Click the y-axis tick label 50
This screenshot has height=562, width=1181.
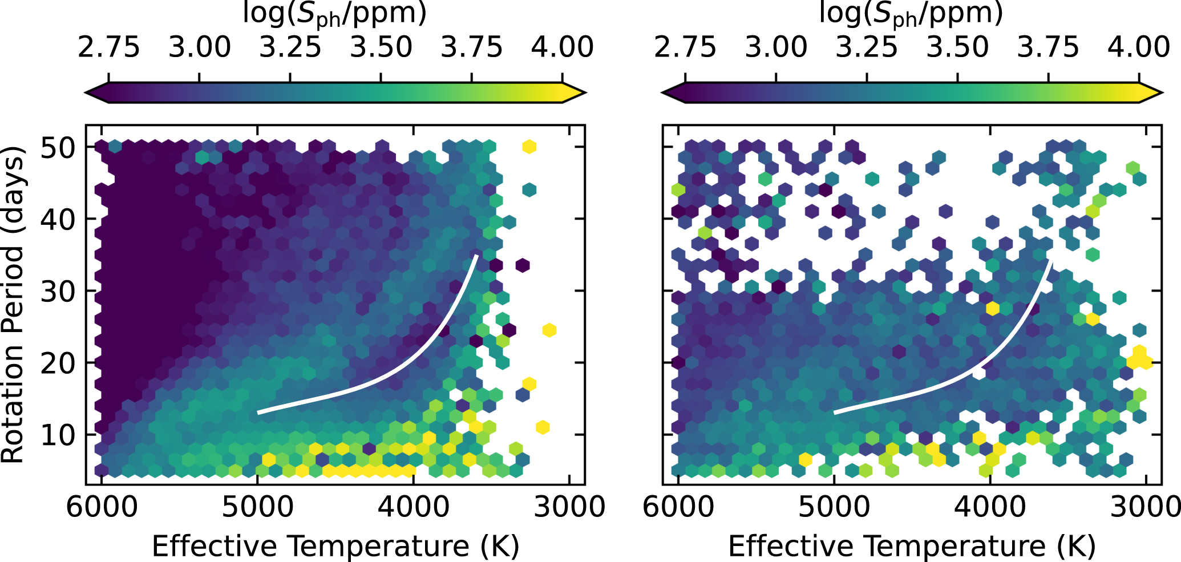(x=57, y=148)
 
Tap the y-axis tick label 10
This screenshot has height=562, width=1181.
(x=57, y=435)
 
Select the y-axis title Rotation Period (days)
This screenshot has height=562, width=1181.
(x=13, y=305)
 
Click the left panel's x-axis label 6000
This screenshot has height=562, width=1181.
(x=102, y=507)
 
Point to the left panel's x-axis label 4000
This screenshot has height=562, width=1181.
(x=413, y=507)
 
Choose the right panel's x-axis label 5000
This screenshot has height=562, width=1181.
(x=834, y=507)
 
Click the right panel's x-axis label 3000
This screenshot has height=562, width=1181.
(x=1144, y=507)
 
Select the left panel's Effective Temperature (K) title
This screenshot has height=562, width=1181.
(x=335, y=546)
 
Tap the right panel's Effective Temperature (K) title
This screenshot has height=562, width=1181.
(x=912, y=546)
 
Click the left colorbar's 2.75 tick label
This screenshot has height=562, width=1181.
(x=108, y=47)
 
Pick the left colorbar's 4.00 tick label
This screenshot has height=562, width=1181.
(x=563, y=47)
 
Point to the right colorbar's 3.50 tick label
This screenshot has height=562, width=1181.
(x=957, y=47)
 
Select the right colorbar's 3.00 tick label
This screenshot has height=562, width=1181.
(x=776, y=47)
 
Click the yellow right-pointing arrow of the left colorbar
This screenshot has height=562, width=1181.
(x=574, y=92)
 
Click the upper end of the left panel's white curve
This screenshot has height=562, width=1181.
(x=476, y=256)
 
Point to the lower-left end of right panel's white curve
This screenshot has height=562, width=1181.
(x=835, y=412)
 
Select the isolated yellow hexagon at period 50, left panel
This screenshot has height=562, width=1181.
(x=529, y=147)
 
